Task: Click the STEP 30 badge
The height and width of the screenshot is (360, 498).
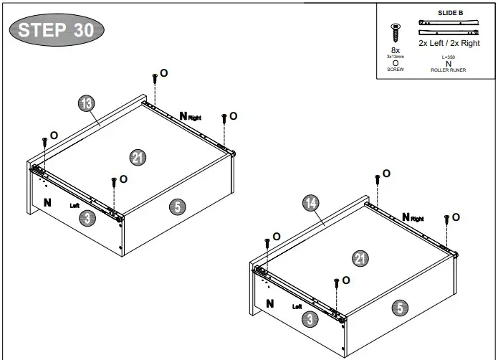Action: (x=57, y=30)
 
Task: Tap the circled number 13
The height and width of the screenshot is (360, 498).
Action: (x=86, y=104)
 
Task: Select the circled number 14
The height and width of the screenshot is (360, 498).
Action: (x=310, y=204)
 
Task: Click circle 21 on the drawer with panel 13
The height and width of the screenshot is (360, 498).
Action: (x=138, y=157)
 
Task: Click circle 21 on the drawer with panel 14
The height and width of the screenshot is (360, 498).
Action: (x=361, y=259)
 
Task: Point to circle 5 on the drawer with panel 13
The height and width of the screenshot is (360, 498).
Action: (x=177, y=207)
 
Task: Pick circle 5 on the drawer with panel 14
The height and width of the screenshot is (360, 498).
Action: (x=400, y=308)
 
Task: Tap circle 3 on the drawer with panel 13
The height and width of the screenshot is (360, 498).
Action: (x=87, y=218)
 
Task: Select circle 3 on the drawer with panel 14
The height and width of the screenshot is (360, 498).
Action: (x=310, y=319)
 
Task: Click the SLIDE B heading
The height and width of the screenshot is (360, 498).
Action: (x=449, y=13)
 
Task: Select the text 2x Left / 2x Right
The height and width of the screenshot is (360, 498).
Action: (x=449, y=43)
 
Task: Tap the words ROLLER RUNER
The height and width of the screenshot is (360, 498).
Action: (x=449, y=70)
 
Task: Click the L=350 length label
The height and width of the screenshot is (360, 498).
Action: (x=449, y=57)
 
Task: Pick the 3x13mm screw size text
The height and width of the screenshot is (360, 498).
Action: (x=396, y=56)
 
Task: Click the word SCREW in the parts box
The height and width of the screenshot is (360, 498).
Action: (x=396, y=70)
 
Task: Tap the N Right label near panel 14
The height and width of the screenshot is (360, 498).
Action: (x=413, y=217)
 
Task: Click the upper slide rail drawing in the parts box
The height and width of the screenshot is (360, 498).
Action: (x=449, y=22)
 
